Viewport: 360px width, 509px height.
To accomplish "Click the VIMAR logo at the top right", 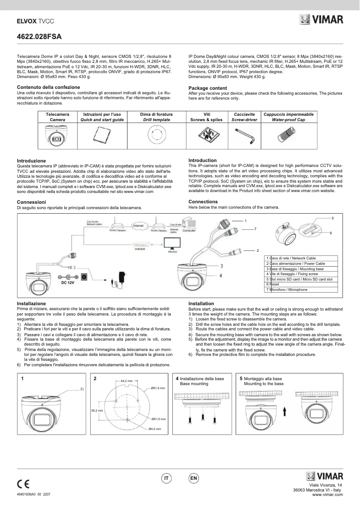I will pos(321,20).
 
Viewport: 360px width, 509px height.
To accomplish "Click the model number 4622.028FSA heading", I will pos(39,36).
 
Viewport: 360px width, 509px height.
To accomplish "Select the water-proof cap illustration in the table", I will pos(288,134).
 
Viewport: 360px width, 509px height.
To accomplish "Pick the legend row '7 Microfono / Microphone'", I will pos(287,290).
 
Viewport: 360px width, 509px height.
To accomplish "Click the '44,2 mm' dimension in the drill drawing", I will pos(127,381).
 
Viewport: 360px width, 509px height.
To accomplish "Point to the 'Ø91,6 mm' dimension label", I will pos(158,388).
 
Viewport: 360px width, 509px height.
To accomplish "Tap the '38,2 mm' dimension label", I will pos(97,410).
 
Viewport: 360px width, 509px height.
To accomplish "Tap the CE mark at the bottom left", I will pos(23,484).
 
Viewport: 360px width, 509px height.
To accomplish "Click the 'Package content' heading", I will pos(207,88).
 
